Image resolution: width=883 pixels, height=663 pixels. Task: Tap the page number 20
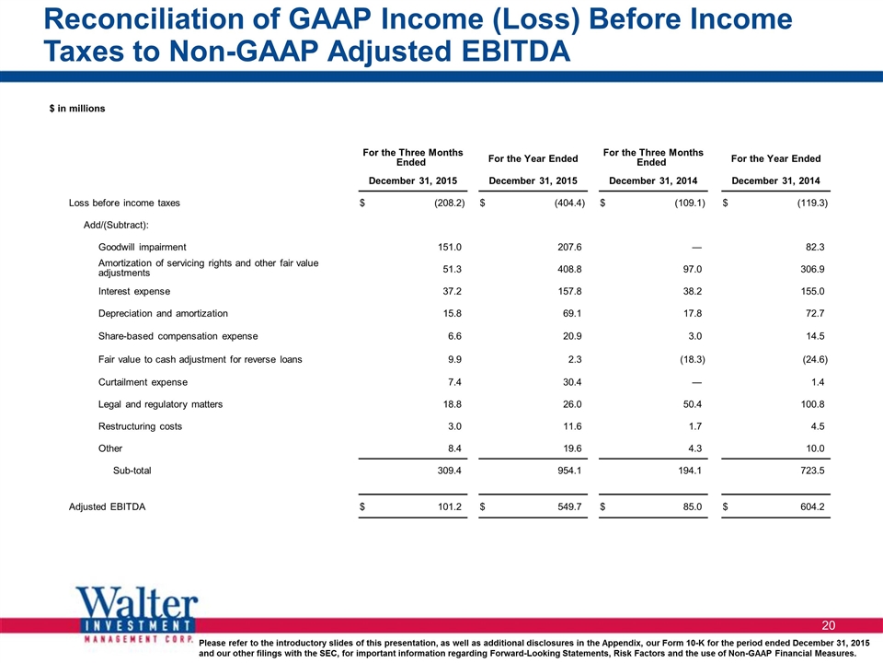[829, 625]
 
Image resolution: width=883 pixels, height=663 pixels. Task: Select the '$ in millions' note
[77, 109]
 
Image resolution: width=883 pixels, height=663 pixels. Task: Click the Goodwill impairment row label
[142, 247]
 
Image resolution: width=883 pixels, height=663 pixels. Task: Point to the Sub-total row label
[132, 471]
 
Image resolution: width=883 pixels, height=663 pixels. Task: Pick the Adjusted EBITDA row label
[107, 506]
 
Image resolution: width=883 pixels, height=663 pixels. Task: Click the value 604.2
[812, 506]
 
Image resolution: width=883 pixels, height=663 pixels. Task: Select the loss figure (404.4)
[569, 203]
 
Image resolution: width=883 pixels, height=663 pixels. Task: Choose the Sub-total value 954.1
[569, 471]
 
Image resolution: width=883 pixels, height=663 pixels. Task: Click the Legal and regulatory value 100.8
[812, 404]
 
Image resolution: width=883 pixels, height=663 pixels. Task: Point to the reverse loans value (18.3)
[692, 359]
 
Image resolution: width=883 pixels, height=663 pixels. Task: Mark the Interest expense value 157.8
[569, 292]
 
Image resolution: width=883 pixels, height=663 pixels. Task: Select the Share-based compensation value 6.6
[454, 336]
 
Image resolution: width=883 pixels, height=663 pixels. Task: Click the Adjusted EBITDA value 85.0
[692, 506]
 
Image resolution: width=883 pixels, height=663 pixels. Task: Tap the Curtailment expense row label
[143, 382]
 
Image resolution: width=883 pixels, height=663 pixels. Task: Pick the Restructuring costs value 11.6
[572, 426]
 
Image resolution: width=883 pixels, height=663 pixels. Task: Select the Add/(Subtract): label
[116, 225]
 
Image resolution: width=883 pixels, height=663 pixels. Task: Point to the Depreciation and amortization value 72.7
[815, 313]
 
